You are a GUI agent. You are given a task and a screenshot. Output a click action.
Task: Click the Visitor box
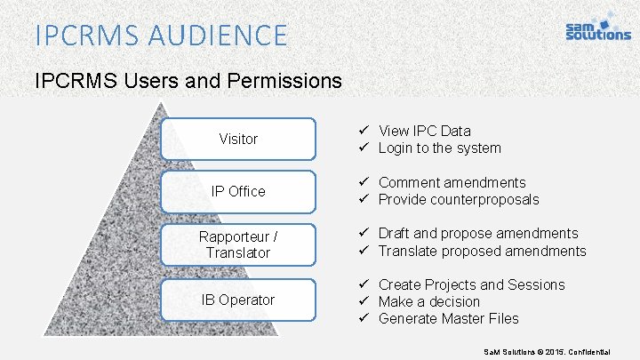(238, 139)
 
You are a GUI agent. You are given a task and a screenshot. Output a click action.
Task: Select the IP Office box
(238, 191)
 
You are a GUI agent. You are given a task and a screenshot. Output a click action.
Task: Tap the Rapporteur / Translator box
(238, 244)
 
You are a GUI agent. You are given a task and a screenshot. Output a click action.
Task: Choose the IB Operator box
(238, 300)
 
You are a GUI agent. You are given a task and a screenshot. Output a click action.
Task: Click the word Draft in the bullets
(394, 233)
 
